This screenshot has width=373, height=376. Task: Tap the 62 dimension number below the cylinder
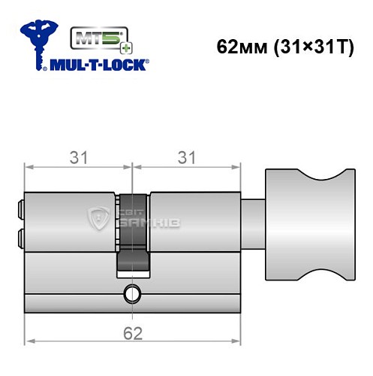[x=131, y=332]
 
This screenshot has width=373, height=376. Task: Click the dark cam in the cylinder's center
[x=132, y=233]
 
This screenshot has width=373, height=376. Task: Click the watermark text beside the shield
[x=128, y=220]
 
